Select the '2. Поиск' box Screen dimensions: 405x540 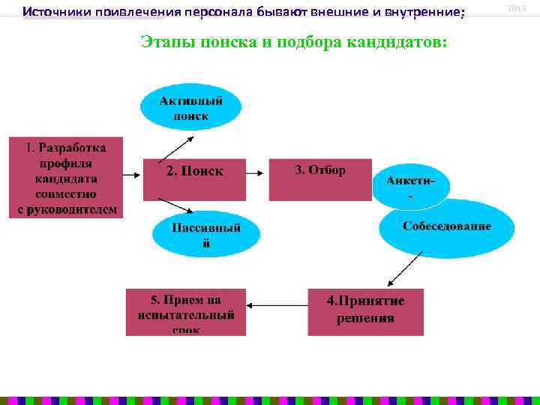click(x=194, y=179)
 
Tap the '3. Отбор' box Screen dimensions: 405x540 click(x=320, y=179)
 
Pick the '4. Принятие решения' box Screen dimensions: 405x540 click(x=365, y=311)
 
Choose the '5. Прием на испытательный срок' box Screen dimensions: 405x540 click(x=185, y=311)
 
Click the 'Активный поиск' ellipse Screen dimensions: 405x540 click(x=190, y=107)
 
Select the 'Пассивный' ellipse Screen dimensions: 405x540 click(x=206, y=234)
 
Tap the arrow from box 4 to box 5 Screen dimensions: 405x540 click(x=277, y=305)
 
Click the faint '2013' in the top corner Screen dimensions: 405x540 click(x=517, y=7)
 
